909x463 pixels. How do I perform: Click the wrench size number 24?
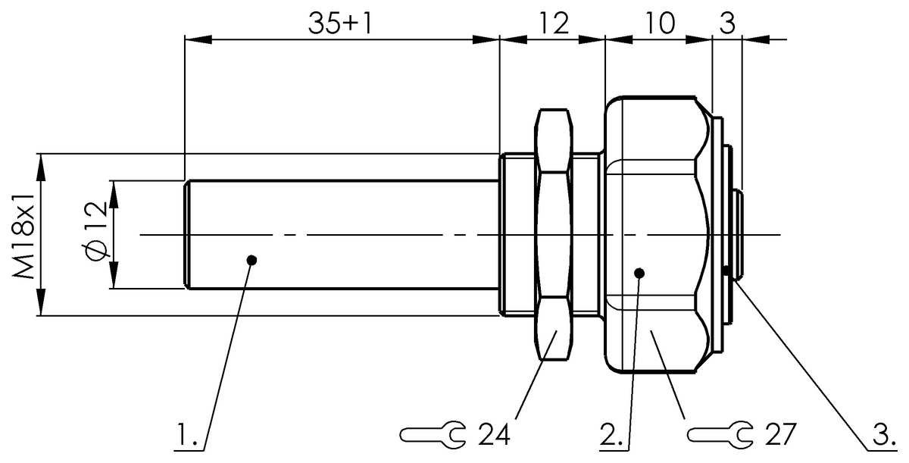click(494, 434)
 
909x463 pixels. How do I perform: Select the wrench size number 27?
click(779, 434)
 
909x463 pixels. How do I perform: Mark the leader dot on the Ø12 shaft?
click(251, 260)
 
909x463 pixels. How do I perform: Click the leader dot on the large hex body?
click(639, 273)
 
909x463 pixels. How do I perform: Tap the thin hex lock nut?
click(554, 235)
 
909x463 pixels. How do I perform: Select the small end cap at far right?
click(739, 235)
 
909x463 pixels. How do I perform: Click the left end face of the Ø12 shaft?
click(186, 235)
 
